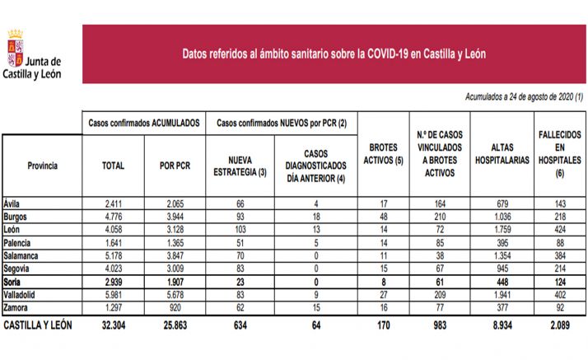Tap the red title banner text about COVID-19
coord(334,54)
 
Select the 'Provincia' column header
coord(42,166)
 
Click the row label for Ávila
coord(12,203)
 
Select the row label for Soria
coord(14,282)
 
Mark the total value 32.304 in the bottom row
coord(113,325)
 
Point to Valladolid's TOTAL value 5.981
coord(113,293)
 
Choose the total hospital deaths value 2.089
coord(560,325)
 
